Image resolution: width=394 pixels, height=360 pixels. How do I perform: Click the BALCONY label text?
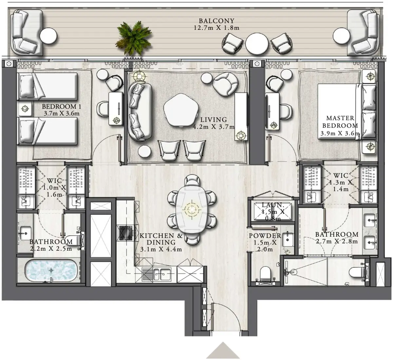pos(216,21)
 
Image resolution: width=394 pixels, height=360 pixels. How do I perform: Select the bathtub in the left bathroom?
pos(51,271)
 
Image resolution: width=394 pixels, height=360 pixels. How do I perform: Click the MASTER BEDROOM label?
pos(340,122)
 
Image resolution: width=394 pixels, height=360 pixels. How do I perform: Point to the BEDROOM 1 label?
pos(61,107)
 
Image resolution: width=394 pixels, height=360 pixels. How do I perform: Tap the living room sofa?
pos(140,111)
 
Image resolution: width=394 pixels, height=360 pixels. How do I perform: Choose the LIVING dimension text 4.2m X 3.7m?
pos(214,127)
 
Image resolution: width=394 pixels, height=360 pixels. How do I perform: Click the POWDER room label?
pos(265,236)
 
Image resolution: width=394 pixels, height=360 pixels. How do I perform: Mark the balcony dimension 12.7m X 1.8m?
pos(216,28)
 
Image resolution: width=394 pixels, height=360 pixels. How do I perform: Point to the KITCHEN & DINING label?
pos(161,239)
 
